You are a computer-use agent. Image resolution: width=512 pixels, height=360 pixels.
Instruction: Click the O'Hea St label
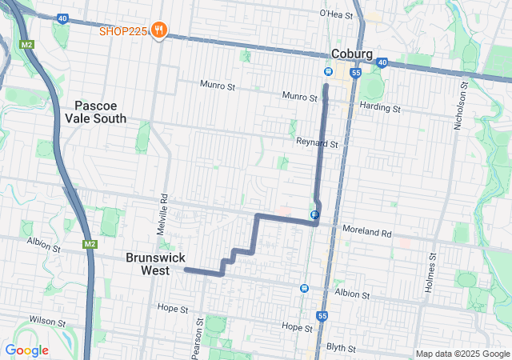pos(336,14)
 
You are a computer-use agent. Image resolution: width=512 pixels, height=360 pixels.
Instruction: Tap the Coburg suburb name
pos(352,54)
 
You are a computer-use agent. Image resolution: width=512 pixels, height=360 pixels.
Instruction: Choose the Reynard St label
pos(318,145)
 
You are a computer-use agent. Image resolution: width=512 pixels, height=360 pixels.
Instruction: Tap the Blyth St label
pos(342,348)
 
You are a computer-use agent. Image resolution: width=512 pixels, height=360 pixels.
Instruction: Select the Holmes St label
pos(430,273)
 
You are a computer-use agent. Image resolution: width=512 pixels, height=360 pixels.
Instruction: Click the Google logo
pos(27,350)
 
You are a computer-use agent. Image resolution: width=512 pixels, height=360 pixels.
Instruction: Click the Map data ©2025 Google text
pos(462,354)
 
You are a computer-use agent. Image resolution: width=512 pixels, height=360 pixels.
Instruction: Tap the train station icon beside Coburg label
pos(328,71)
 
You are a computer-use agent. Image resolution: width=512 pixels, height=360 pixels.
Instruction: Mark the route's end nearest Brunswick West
pos(186,270)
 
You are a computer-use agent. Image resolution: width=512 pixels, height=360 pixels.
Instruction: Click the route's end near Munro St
pos(326,85)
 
